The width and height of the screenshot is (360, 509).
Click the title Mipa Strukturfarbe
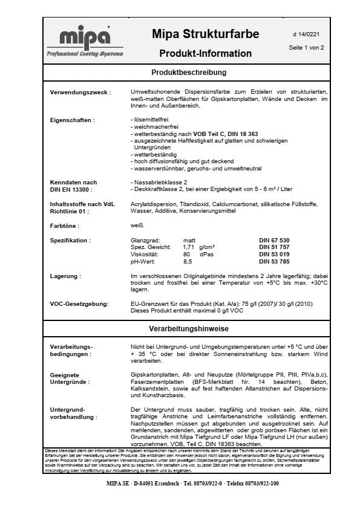pos(205,34)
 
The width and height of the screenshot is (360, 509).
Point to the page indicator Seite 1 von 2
pos(306,47)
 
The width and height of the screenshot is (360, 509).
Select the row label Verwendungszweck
pos(80,92)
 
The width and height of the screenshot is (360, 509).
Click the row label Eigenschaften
pos(72,120)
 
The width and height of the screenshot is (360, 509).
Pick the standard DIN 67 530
pos(274,241)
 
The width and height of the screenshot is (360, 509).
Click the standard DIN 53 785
pos(274,262)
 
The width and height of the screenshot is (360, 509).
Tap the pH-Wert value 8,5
pos(188,262)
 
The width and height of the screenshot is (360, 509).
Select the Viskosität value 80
pos(186,254)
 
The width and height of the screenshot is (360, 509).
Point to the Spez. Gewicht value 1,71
pos(189,248)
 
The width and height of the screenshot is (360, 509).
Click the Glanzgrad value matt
pos(189,241)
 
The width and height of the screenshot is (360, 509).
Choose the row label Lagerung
pos(65,276)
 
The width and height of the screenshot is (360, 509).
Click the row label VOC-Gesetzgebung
pos(79,303)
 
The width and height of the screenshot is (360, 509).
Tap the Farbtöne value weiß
pos(137,226)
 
